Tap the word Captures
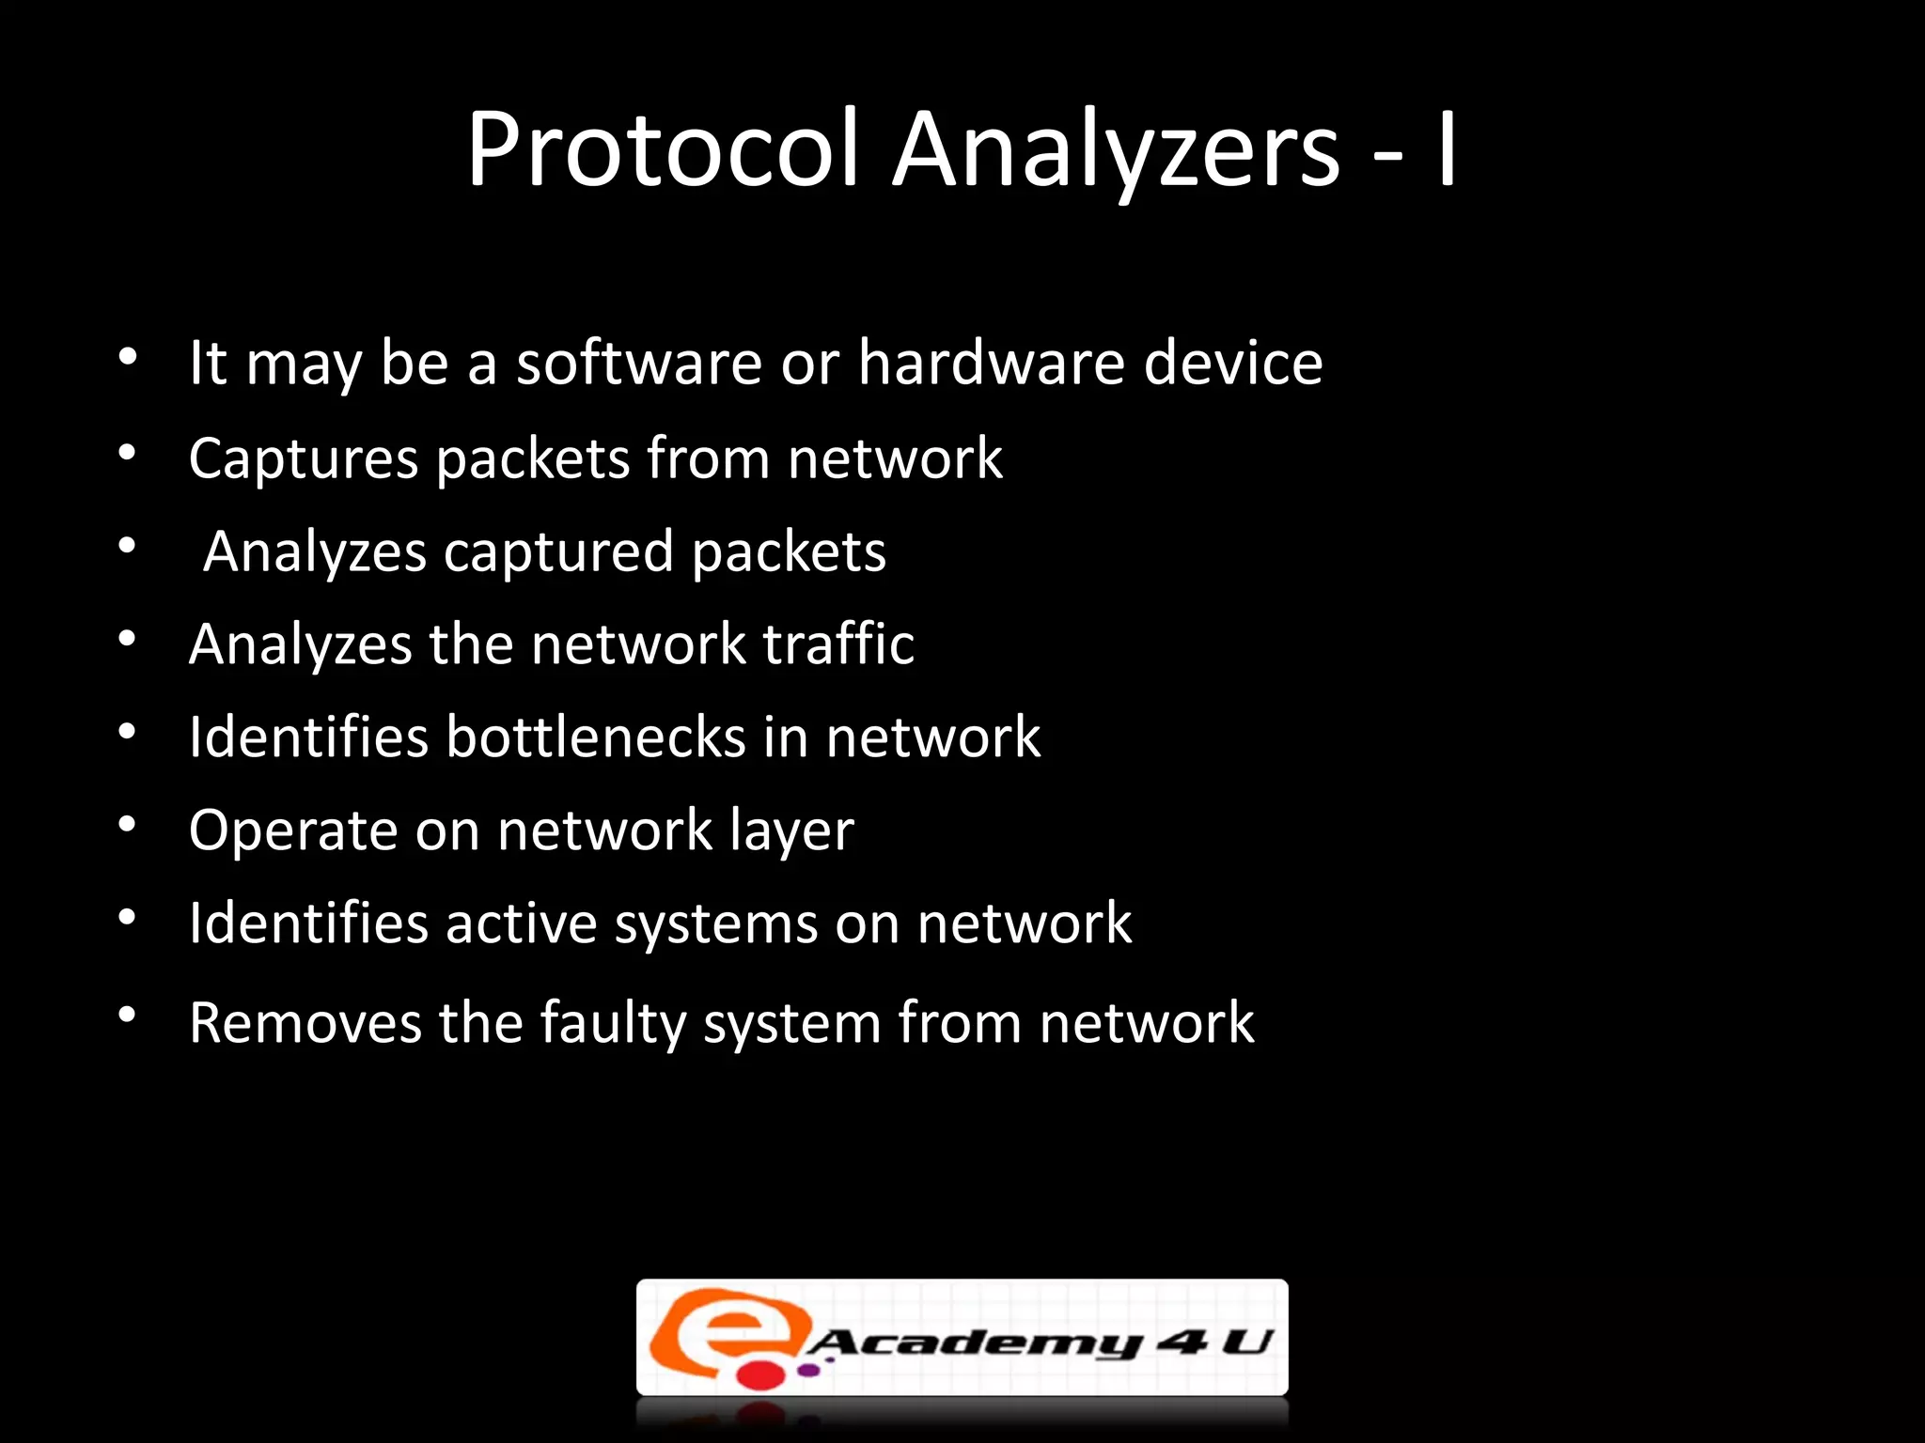304,459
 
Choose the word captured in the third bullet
558,551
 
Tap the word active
521,923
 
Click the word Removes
305,1022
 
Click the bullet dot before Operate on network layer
128,826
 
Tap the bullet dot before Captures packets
128,454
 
